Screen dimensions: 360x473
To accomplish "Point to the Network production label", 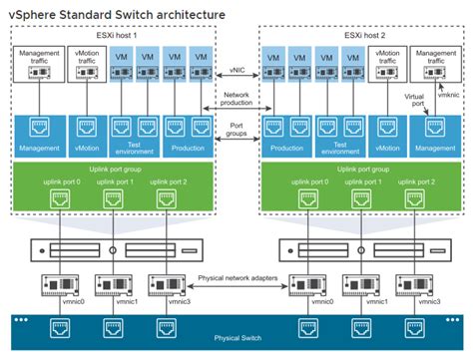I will pos(236,99).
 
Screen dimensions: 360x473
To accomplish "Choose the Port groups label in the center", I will pos(236,130).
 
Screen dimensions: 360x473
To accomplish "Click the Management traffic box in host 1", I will pos(35,64).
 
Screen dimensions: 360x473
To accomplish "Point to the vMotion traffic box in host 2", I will pos(384,64).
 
